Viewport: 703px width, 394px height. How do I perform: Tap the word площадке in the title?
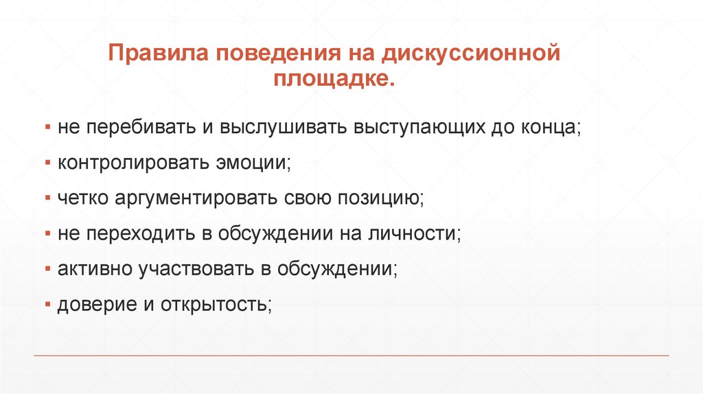[x=334, y=80]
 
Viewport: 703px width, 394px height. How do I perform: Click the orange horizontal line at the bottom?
[x=351, y=356]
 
